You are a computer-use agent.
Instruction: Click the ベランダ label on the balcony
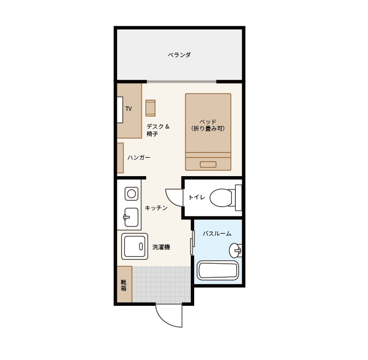(179, 55)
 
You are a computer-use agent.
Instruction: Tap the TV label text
(128, 108)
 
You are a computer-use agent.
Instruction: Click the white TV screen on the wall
(120, 110)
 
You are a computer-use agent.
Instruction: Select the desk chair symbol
(151, 108)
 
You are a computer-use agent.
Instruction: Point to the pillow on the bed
(208, 164)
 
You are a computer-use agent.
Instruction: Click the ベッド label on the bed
(208, 122)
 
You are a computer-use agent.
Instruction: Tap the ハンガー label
(139, 157)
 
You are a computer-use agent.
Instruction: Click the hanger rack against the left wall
(121, 158)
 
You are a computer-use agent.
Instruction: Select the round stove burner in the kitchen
(131, 194)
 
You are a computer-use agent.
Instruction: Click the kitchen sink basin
(131, 217)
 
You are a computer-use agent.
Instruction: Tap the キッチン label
(156, 208)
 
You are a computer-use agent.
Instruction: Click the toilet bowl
(221, 198)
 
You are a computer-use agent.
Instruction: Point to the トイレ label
(197, 197)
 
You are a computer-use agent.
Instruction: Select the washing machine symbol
(135, 246)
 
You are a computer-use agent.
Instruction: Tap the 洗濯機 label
(161, 247)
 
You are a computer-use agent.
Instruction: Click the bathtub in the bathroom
(218, 270)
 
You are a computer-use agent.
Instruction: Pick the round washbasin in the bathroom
(235, 251)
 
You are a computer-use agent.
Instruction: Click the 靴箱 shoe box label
(123, 285)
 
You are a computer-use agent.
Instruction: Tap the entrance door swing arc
(164, 320)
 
